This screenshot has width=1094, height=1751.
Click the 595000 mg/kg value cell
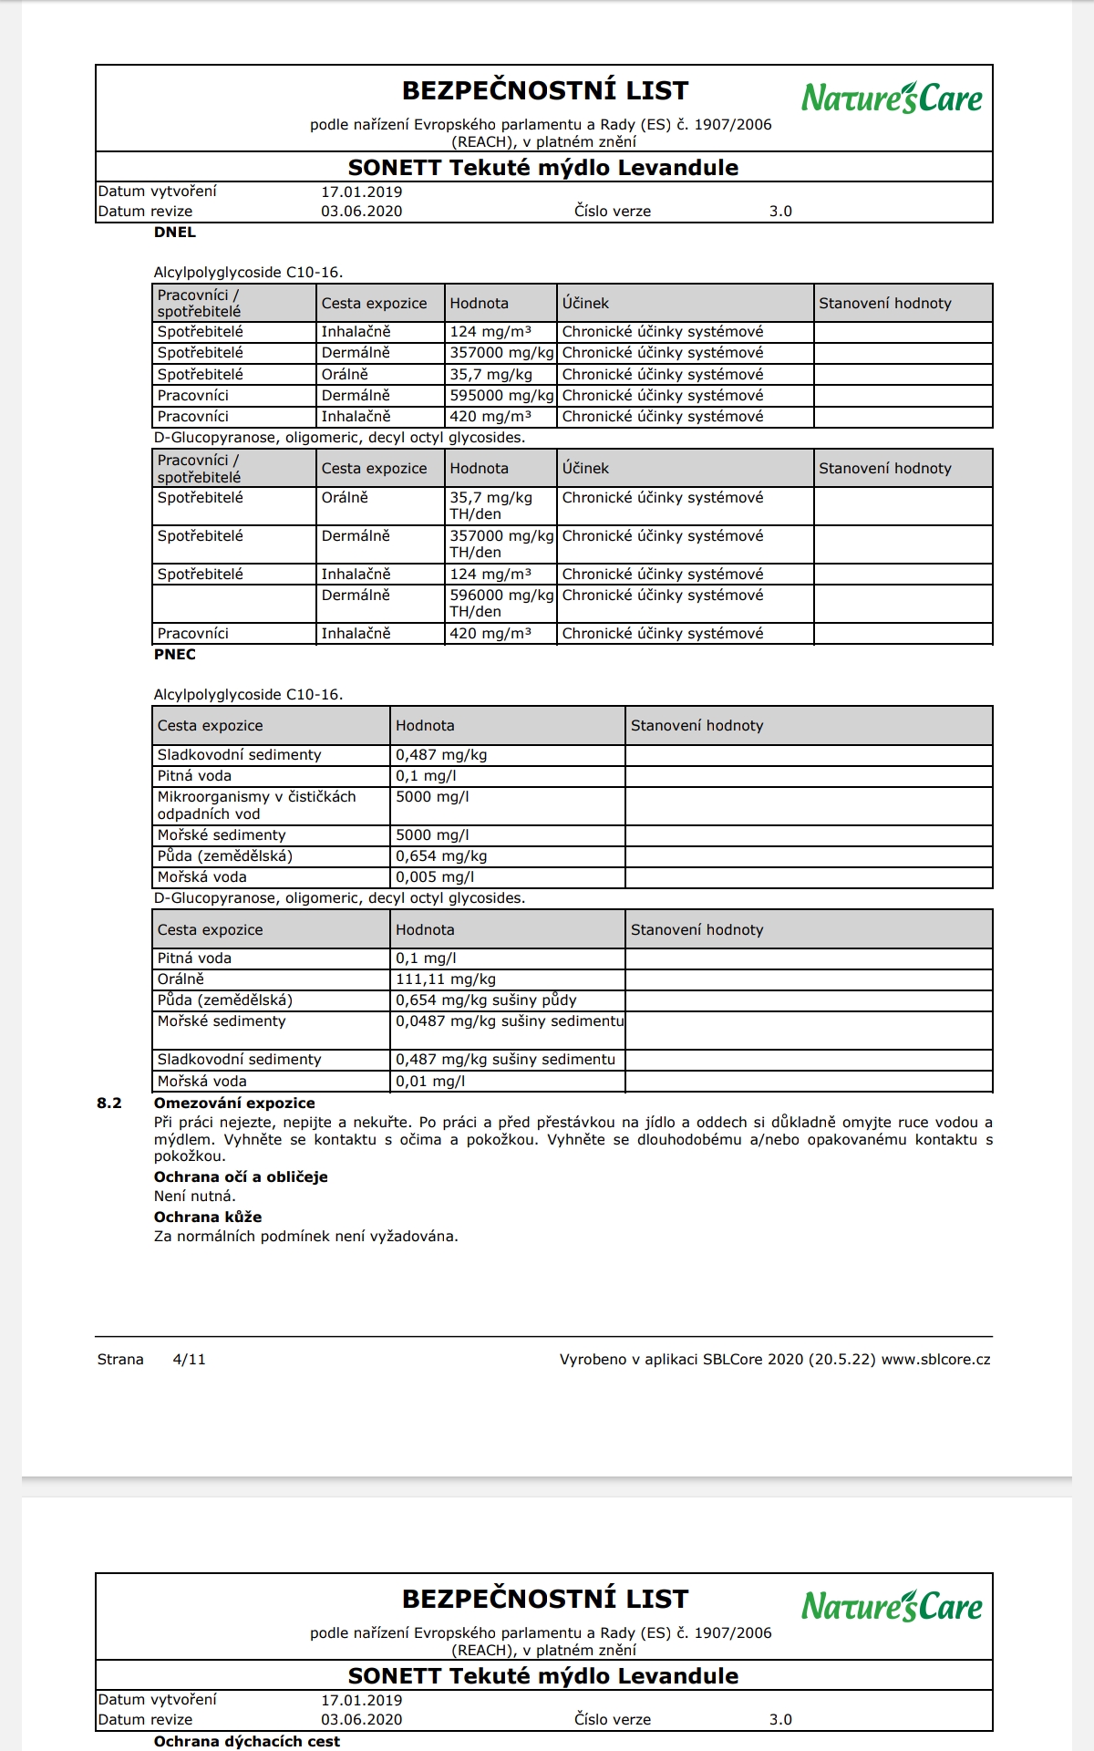pyautogui.click(x=501, y=396)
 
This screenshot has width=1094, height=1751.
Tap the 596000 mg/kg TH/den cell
pyautogui.click(x=501, y=603)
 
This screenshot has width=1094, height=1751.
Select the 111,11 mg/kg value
pyautogui.click(x=446, y=979)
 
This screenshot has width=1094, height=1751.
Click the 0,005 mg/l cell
pyautogui.click(x=435, y=877)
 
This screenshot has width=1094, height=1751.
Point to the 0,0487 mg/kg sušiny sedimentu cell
pyautogui.click(x=509, y=1021)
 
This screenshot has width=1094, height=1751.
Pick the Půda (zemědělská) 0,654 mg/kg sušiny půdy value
pyautogui.click(x=486, y=1000)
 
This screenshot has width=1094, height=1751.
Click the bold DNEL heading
pyautogui.click(x=175, y=233)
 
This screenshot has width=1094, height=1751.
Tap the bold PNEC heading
pyautogui.click(x=175, y=655)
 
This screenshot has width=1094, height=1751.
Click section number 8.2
pyautogui.click(x=109, y=1103)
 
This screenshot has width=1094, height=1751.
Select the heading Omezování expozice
pyautogui.click(x=234, y=1103)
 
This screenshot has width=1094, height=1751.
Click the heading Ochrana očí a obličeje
pyautogui.click(x=241, y=1177)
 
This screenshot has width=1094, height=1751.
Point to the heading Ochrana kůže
pyautogui.click(x=208, y=1217)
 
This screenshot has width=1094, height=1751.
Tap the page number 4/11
pyautogui.click(x=190, y=1360)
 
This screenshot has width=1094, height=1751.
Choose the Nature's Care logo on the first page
pyautogui.click(x=892, y=98)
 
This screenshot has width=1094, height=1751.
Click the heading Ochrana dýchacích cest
pyautogui.click(x=247, y=1742)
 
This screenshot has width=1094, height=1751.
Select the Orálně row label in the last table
pyautogui.click(x=181, y=979)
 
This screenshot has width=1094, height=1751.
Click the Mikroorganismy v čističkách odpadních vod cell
pyautogui.click(x=256, y=805)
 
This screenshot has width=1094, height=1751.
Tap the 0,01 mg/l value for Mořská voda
pyautogui.click(x=430, y=1082)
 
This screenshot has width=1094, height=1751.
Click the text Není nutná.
pyautogui.click(x=195, y=1197)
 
